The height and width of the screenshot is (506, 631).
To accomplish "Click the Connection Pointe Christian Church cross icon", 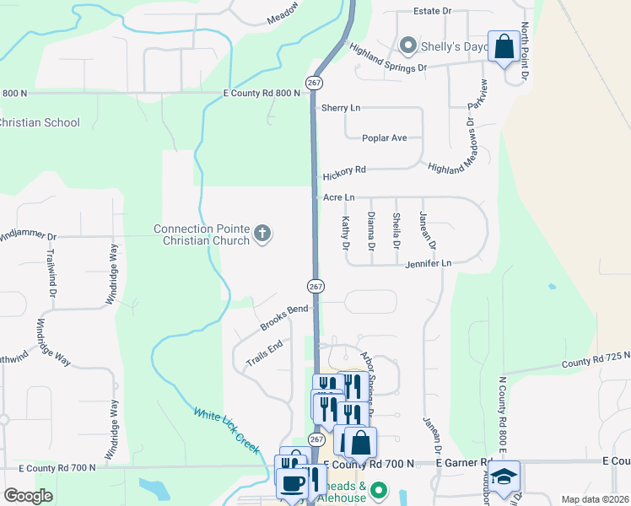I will coord(262,233).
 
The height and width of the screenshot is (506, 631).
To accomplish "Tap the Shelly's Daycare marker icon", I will coord(408,45).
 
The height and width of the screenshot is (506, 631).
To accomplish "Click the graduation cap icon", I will coord(504,478).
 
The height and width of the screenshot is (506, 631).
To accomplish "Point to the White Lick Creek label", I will coord(226,430).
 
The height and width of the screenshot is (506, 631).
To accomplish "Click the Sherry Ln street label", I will coord(341,108).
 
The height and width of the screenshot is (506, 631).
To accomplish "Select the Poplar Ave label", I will coord(384,137).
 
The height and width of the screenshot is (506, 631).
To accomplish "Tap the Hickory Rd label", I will coord(344,170).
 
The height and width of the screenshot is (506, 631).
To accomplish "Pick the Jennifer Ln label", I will coord(429,263).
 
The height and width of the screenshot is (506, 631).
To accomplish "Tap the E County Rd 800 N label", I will coord(262,94).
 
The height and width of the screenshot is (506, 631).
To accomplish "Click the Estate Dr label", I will coord(432,11).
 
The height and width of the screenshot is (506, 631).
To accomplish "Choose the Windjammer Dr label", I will coord(28,237).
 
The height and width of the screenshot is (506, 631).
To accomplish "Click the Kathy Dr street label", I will coord(345,233).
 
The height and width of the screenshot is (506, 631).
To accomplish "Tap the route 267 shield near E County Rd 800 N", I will coord(314,83).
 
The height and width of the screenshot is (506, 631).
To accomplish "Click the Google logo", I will coord(29,496).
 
